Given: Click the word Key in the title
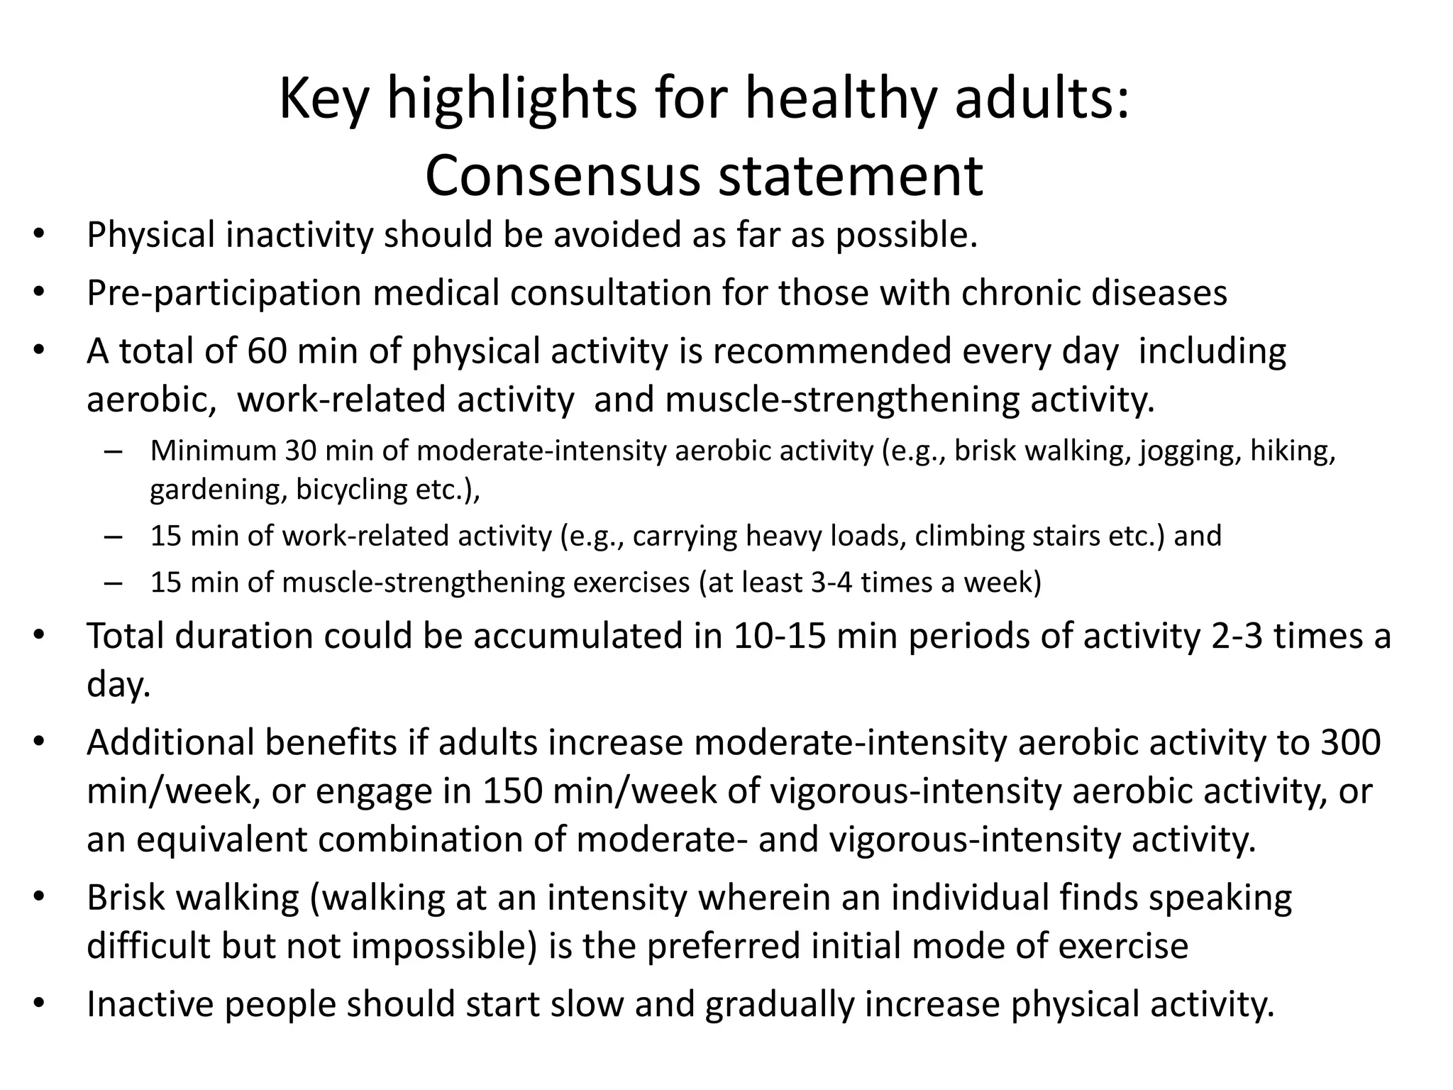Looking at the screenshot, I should pos(324,100).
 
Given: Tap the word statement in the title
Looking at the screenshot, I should pos(851,176).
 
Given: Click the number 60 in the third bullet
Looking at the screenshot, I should pos(267,351).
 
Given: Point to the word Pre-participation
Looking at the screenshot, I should pos(224,293).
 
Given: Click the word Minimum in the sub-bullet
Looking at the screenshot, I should pos(213,451).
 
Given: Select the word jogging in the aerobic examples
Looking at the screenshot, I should pos(1190,452).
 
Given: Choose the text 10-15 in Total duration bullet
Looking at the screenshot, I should pos(780,636).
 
